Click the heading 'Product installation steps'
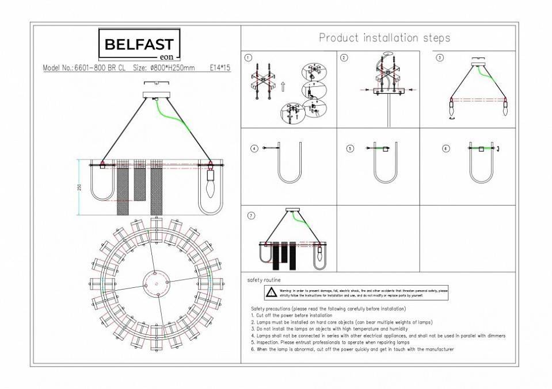pos(385,38)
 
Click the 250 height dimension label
pos(80,187)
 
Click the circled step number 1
pos(248,57)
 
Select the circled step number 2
pos(344,57)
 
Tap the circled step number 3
pos(440,57)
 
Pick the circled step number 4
pos(253,148)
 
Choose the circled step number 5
pos(349,148)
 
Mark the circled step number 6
pos(445,148)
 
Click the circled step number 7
pos(250,215)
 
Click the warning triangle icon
pos(271,292)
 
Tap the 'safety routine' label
pos(264,280)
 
